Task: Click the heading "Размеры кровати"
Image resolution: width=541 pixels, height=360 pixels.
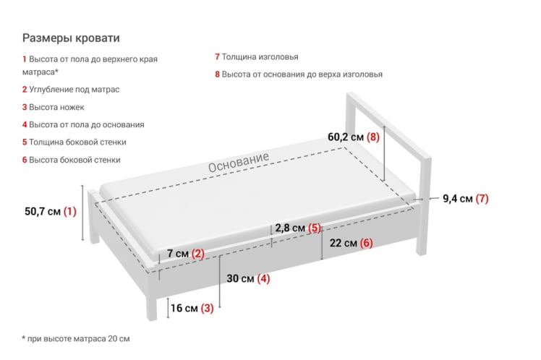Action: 71,38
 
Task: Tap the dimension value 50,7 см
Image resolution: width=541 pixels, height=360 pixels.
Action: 43,212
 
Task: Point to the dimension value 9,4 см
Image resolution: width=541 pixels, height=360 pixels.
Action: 458,199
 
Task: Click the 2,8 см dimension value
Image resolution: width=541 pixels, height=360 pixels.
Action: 290,228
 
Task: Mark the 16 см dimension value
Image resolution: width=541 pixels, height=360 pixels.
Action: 184,309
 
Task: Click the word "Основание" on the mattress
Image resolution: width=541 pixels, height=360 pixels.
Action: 239,163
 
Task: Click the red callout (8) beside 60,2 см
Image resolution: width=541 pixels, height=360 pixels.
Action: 372,136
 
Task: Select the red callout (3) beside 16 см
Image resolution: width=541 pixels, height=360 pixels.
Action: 207,309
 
